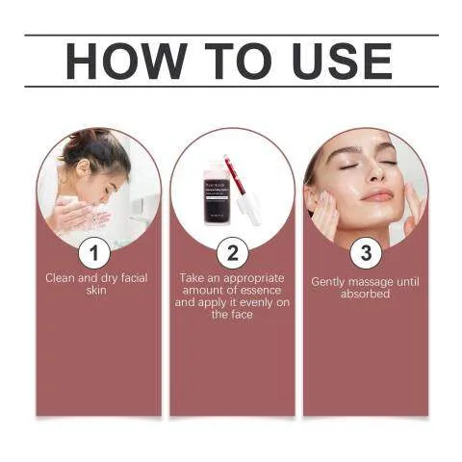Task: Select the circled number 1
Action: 93,253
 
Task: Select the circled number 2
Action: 231,253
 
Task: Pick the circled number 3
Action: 365,253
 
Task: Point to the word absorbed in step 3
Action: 365,294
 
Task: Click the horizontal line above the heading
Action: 231,36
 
